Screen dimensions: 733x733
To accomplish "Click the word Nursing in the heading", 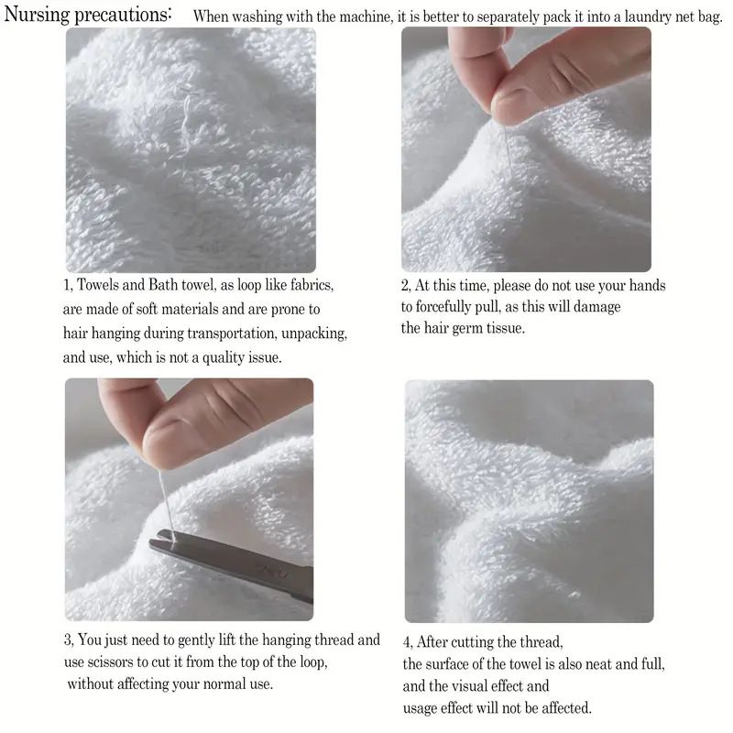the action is [x=37, y=15].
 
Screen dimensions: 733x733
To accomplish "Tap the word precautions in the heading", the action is [x=123, y=16].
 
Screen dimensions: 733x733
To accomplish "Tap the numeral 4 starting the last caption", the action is [x=407, y=642].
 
